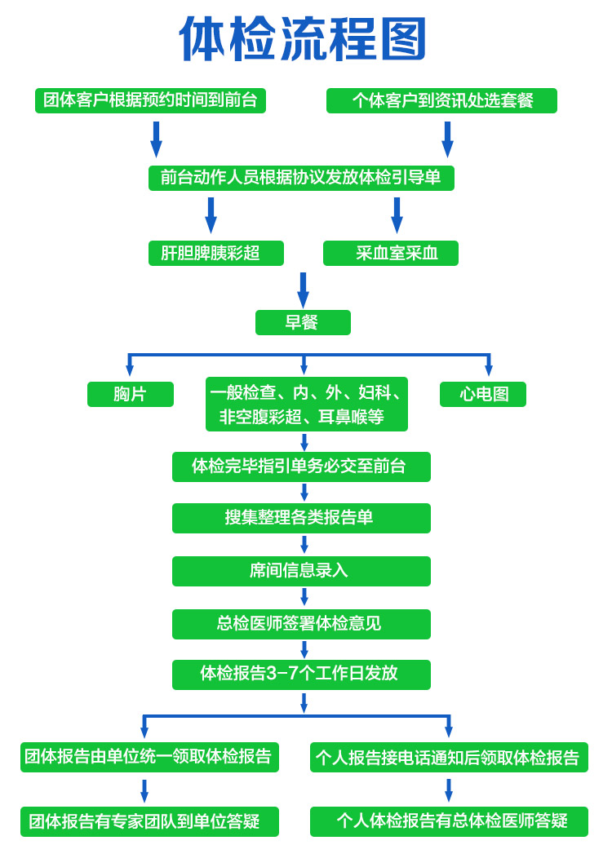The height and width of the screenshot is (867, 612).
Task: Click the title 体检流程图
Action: coord(303,39)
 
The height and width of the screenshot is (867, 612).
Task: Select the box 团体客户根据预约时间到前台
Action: coord(150,100)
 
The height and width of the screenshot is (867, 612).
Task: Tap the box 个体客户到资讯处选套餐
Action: coord(441,100)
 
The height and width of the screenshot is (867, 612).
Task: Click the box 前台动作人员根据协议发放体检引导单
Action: coord(301,178)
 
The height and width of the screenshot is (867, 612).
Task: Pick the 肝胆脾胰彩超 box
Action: coord(215,253)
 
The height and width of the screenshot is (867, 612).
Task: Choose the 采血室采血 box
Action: coord(390,253)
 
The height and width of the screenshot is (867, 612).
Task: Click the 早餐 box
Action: coord(303,322)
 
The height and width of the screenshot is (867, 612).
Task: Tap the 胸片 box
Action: coord(131,394)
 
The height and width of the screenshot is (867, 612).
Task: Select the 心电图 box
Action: coord(482,394)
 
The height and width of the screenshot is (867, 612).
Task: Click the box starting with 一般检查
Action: coord(306,404)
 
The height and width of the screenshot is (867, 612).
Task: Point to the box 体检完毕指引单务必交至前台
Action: coord(301,467)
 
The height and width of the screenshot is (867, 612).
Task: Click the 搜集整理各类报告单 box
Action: coord(301,518)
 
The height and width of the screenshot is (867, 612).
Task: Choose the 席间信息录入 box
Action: coord(301,571)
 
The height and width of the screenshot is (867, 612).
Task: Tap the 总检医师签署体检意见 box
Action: coord(301,624)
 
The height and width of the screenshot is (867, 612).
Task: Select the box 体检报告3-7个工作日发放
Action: coord(301,675)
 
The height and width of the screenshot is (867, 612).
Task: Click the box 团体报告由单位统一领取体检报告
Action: coord(149,757)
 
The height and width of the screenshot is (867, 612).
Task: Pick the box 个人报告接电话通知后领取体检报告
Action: coord(449,757)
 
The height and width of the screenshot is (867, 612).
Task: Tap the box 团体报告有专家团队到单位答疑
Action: coord(149,821)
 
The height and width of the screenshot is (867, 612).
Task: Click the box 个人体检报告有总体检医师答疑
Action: coord(449,821)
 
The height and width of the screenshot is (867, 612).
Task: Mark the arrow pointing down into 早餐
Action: coord(303,290)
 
